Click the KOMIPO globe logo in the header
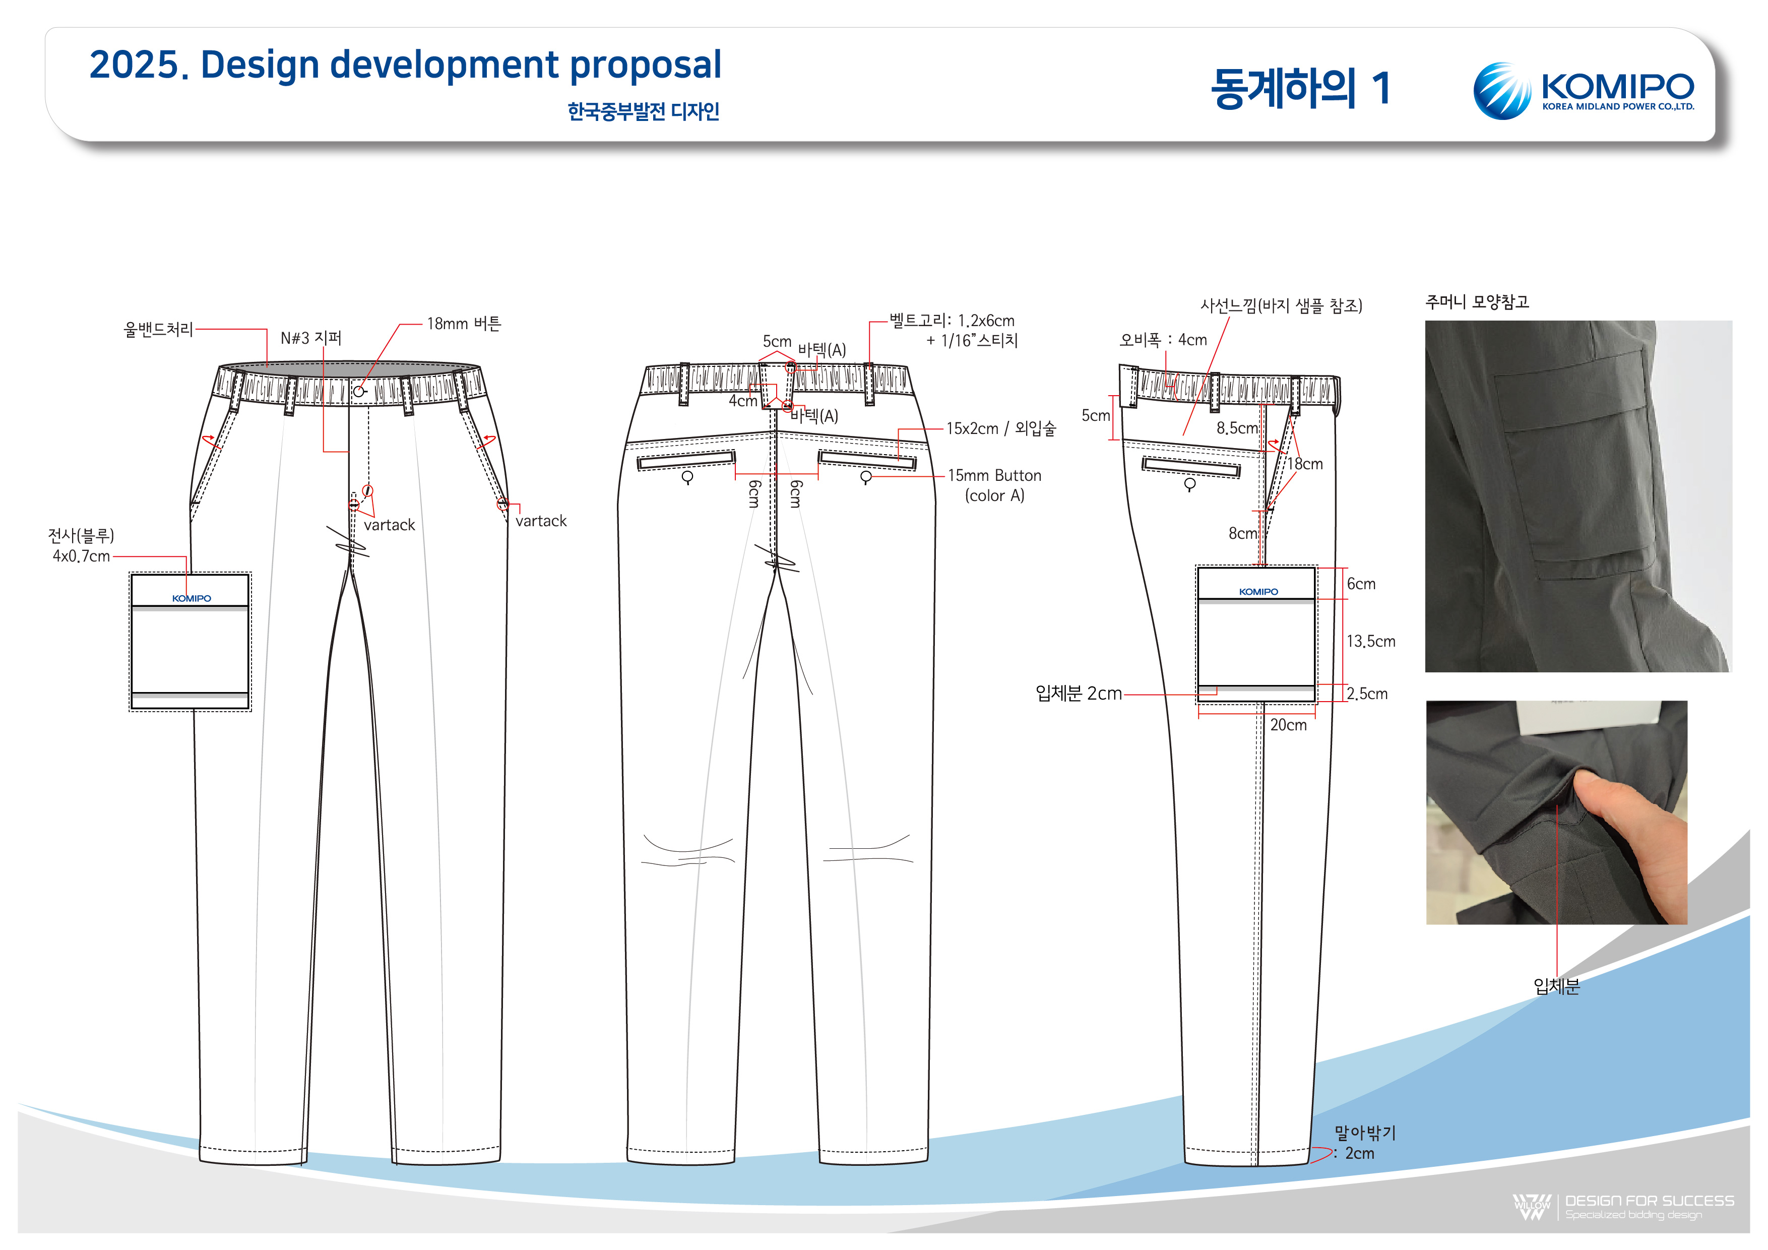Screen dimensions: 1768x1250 (x=1501, y=91)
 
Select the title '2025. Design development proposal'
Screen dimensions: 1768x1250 (x=405, y=65)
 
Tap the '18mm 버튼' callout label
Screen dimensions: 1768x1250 (x=464, y=324)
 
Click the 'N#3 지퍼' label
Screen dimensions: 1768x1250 (x=310, y=338)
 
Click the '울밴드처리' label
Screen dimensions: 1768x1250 (x=159, y=330)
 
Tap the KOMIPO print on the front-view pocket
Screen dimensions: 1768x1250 (x=191, y=598)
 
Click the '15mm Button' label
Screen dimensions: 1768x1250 (x=994, y=475)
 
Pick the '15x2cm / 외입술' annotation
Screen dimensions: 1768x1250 (x=1001, y=428)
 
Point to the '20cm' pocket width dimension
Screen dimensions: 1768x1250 (x=1288, y=725)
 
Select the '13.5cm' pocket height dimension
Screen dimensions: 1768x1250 (x=1371, y=641)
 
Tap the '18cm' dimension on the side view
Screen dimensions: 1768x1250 (x=1305, y=464)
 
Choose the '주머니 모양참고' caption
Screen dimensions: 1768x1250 (x=1477, y=302)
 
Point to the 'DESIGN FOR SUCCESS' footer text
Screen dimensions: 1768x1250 (x=1650, y=1201)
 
